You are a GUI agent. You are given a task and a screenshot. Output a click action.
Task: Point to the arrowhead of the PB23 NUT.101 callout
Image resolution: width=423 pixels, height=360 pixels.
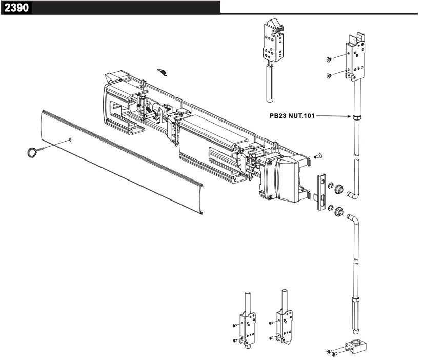pos(350,116)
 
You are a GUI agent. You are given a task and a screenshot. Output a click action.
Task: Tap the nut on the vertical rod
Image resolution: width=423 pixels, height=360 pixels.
pos(356,117)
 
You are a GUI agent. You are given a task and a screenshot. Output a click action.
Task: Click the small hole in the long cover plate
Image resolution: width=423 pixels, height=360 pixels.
pos(70,139)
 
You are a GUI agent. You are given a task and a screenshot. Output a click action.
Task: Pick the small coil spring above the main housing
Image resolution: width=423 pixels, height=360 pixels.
pos(163,72)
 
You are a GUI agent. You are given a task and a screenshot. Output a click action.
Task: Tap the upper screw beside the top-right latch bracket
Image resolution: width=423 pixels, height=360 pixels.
pos(329,59)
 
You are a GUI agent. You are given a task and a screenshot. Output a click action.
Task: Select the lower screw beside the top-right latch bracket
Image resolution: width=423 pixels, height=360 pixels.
pos(329,76)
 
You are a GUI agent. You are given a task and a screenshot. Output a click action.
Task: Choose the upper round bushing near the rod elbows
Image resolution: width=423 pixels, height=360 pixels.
pos(338,191)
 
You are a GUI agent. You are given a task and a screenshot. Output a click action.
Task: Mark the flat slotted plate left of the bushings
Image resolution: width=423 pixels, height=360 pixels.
pos(321,190)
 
